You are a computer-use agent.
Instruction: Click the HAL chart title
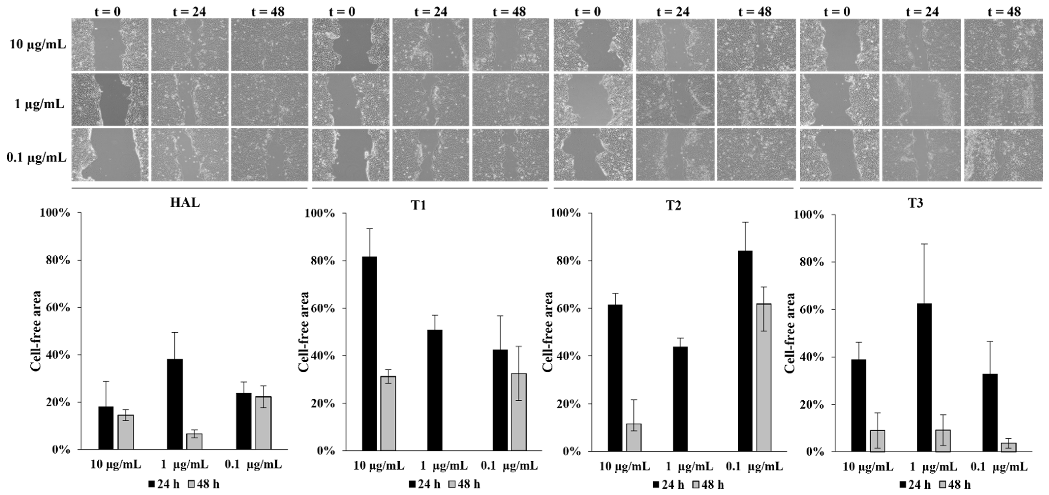pos(185,202)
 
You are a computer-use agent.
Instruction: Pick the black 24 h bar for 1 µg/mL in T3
pos(924,378)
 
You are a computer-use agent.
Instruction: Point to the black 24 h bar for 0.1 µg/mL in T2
pos(745,351)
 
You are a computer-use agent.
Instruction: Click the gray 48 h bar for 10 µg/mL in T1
pos(388,413)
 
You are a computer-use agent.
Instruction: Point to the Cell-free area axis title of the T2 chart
pos(548,331)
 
